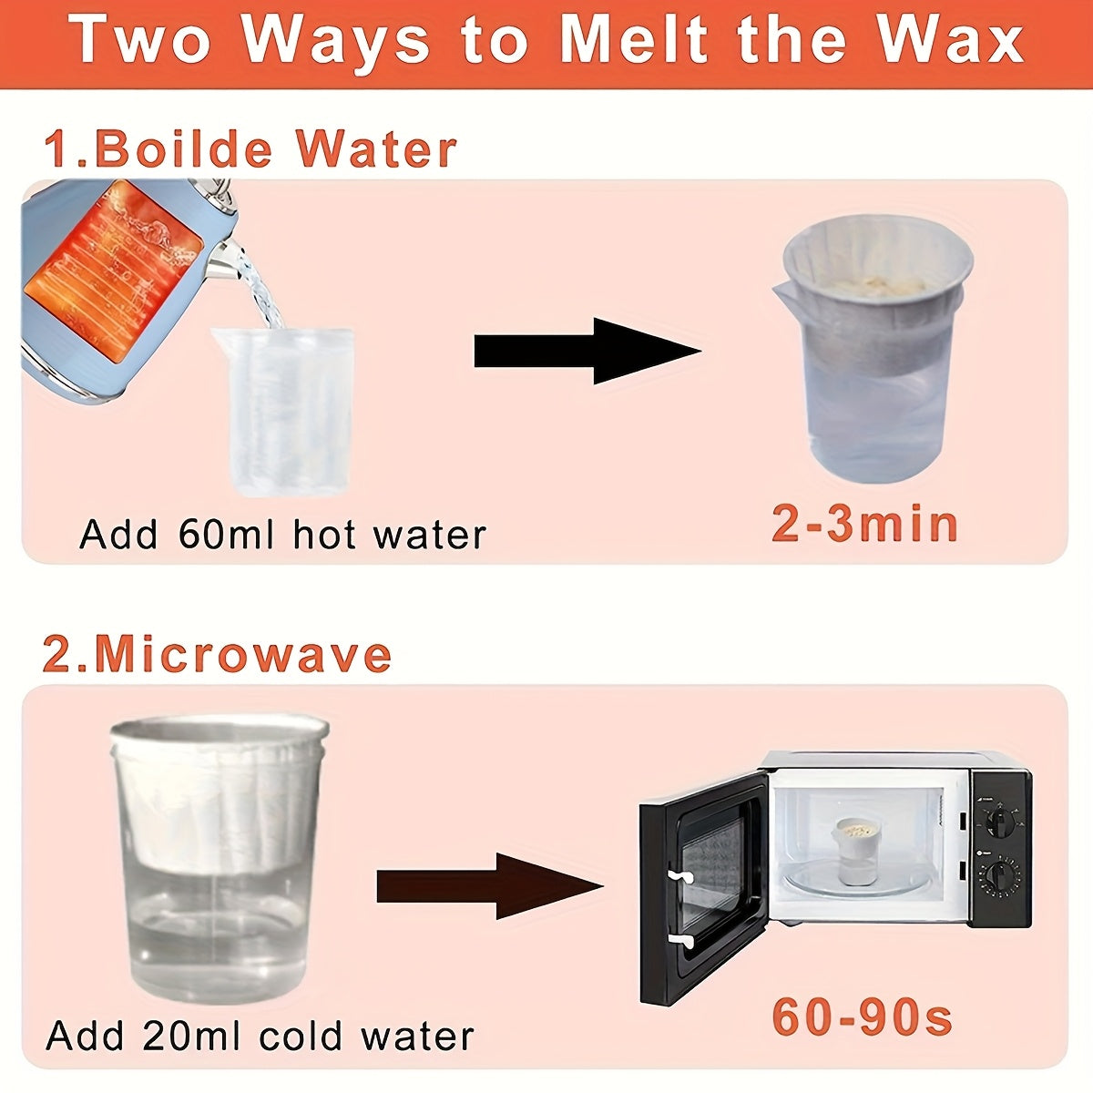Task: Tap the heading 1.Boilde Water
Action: [x=250, y=149]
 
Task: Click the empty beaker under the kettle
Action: [x=282, y=410]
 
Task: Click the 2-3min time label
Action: [x=864, y=526]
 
